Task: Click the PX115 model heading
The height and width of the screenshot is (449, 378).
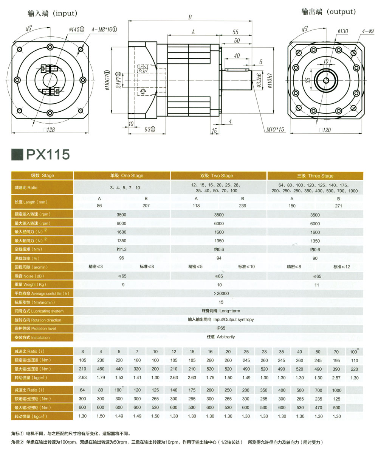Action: pyautogui.click(x=47, y=154)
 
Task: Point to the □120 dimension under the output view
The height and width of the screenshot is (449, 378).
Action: pyautogui.click(x=325, y=130)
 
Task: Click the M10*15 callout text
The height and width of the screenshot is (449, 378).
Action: pyautogui.click(x=275, y=129)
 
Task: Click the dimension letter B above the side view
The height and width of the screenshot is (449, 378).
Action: pyautogui.click(x=190, y=17)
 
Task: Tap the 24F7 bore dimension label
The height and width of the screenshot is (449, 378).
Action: pyautogui.click(x=118, y=80)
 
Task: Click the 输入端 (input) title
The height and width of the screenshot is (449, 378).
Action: pyautogui.click(x=52, y=13)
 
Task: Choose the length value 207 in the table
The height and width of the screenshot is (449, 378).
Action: pyautogui.click(x=146, y=206)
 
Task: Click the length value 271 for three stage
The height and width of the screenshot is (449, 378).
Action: pyautogui.click(x=338, y=206)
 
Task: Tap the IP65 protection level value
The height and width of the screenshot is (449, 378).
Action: pyautogui.click(x=221, y=328)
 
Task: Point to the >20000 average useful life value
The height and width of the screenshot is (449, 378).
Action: pyautogui.click(x=221, y=293)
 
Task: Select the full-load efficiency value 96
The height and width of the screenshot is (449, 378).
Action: pyautogui.click(x=122, y=258)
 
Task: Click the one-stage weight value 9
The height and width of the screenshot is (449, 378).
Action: pyautogui.click(x=123, y=285)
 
